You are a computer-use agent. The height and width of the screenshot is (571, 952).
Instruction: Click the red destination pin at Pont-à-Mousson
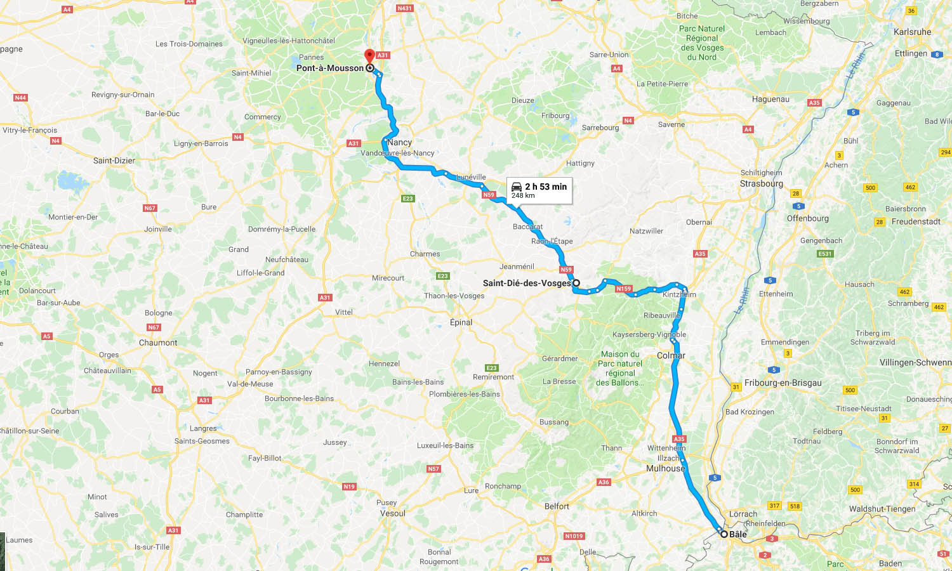(x=369, y=56)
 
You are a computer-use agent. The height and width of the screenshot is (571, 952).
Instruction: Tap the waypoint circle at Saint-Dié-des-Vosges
(x=576, y=283)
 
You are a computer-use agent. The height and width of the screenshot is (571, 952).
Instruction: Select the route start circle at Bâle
(x=724, y=534)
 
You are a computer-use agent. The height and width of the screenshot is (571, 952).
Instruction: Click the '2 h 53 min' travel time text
(x=546, y=187)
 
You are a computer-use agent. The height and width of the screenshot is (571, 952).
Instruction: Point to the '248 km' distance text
(x=523, y=195)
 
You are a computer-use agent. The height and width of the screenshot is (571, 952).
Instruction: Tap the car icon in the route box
(x=517, y=187)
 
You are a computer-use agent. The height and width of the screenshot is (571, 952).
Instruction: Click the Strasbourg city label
(x=761, y=183)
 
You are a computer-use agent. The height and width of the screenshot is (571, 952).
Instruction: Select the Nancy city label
(x=400, y=142)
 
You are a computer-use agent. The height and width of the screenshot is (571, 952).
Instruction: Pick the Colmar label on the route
(x=671, y=355)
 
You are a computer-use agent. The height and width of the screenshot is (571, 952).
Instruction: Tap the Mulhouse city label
(x=665, y=468)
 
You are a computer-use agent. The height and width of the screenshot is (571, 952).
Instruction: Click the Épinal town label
(x=461, y=322)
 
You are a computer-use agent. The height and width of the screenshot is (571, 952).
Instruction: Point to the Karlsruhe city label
(x=912, y=32)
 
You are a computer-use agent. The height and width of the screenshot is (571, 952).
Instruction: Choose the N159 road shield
(x=624, y=289)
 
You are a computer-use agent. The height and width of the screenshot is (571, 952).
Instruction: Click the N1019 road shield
(x=574, y=536)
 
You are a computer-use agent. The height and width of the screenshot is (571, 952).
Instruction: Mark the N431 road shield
(x=404, y=8)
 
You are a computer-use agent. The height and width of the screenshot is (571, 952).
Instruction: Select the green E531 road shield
(x=824, y=254)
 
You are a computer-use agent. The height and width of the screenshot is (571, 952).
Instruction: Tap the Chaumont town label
(x=158, y=343)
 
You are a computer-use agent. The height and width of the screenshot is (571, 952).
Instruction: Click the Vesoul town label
(x=392, y=513)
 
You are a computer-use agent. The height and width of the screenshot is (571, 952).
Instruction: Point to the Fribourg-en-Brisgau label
(x=783, y=383)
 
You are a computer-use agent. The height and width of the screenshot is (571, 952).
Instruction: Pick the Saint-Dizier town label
(x=114, y=161)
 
